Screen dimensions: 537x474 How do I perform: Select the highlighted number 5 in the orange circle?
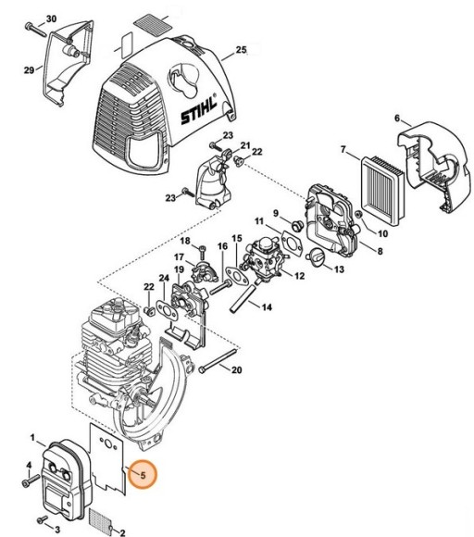pos(143,476)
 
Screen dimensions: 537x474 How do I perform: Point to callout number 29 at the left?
pos(28,69)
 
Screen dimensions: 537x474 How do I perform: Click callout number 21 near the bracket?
pos(245,145)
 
